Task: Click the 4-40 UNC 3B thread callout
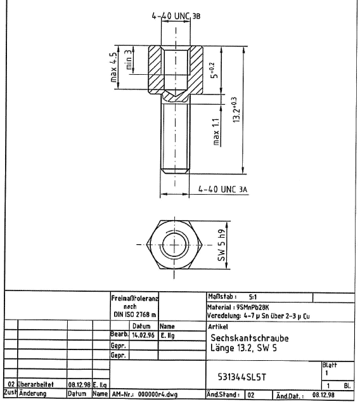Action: point(176,16)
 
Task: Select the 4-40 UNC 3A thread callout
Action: point(222,190)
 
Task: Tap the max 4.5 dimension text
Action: point(113,67)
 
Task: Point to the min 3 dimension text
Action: point(129,60)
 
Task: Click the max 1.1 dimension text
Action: point(216,132)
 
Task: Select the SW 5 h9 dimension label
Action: point(221,245)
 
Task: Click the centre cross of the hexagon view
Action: point(174,245)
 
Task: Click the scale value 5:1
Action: point(253,297)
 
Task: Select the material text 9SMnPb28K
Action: point(253,307)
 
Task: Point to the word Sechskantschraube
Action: point(250,338)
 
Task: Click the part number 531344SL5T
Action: point(241,377)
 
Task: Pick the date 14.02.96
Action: point(143,336)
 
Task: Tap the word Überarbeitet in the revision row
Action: point(35,384)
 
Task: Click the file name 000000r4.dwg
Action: point(158,394)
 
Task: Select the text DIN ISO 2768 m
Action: point(134,315)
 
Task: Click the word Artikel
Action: point(218,327)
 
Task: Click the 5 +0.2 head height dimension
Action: point(214,70)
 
